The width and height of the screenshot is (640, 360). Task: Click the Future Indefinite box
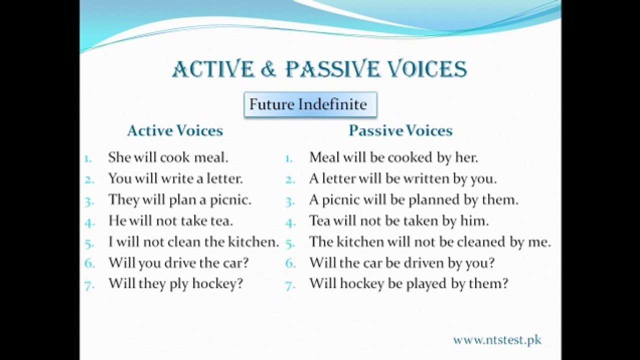310,104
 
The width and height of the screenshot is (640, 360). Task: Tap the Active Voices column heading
174,131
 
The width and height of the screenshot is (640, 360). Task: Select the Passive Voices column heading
400,131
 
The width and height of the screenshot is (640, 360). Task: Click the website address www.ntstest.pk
497,340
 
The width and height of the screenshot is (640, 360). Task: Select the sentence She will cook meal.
168,157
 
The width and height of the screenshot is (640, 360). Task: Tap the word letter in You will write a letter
221,178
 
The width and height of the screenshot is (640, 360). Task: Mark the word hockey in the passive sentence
358,284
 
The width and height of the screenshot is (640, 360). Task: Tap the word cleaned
480,242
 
